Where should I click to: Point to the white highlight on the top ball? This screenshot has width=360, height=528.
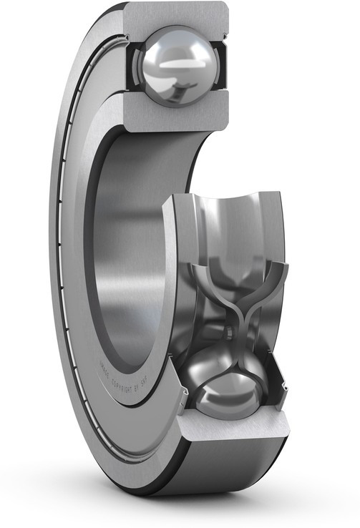pos(172,62)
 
